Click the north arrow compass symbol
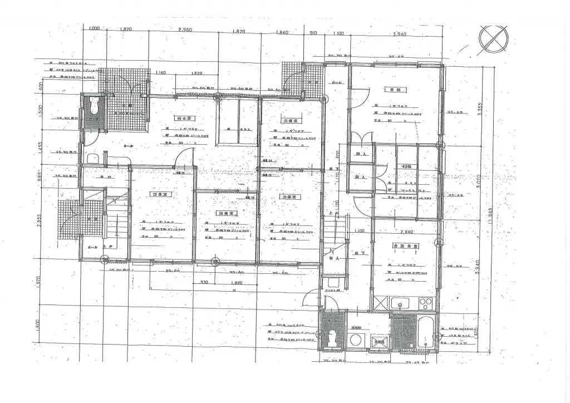point(493,40)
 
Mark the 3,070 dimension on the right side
point(480,181)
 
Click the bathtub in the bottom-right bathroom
point(425,330)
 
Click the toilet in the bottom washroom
point(333,337)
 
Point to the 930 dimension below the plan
point(205,283)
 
